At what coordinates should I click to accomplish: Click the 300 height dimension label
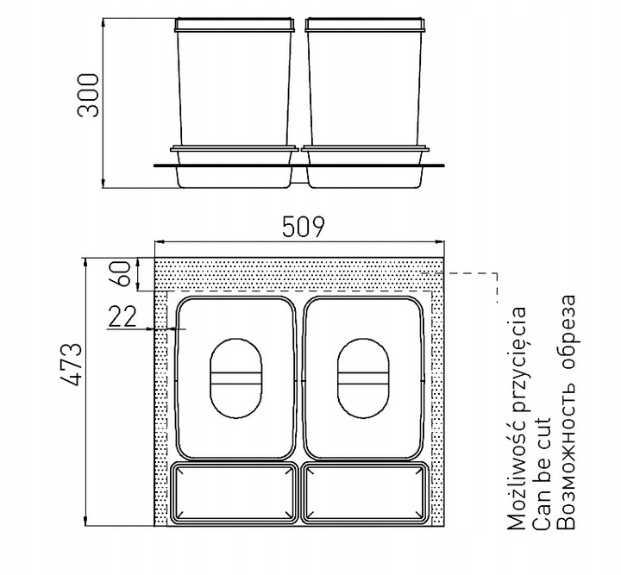(x=88, y=96)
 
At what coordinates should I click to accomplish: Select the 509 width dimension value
(x=304, y=227)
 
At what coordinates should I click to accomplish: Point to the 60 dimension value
(x=121, y=274)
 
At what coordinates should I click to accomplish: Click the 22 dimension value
(x=122, y=316)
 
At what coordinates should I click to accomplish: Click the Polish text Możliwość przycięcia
(x=517, y=418)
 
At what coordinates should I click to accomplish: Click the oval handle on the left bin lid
(x=235, y=378)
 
